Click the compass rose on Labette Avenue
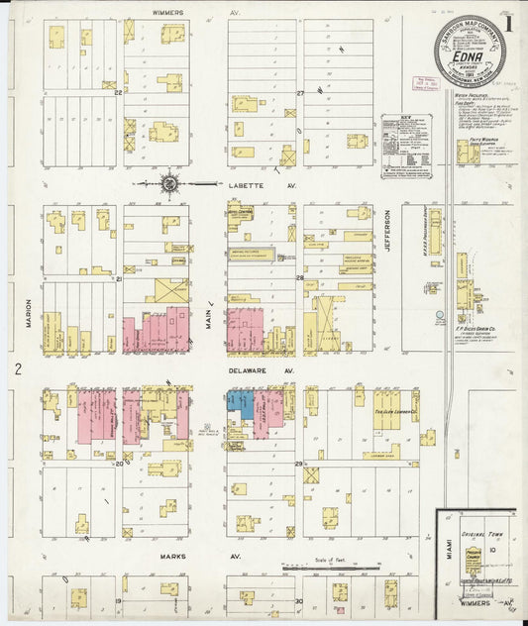click(x=169, y=183)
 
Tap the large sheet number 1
click(x=508, y=21)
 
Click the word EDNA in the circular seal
click(x=469, y=59)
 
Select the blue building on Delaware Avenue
click(x=240, y=400)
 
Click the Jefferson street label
click(x=388, y=230)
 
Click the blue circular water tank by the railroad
click(x=439, y=317)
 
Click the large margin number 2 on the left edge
click(x=18, y=369)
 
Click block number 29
click(x=297, y=464)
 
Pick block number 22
click(x=118, y=92)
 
